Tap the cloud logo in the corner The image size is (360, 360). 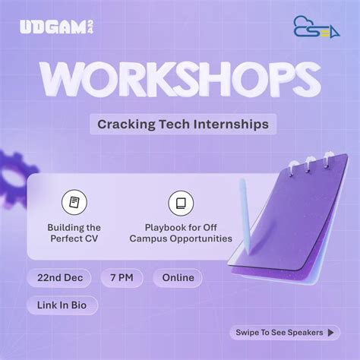(311, 27)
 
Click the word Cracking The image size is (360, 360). (124, 123)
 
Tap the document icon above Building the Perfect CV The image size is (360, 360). (74, 203)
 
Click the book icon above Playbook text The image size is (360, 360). (180, 203)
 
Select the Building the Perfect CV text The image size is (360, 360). (74, 232)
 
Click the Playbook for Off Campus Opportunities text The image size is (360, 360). (180, 232)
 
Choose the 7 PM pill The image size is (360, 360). (122, 277)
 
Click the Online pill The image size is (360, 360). (178, 277)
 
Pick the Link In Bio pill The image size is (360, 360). (62, 305)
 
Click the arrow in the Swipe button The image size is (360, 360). (330, 332)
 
